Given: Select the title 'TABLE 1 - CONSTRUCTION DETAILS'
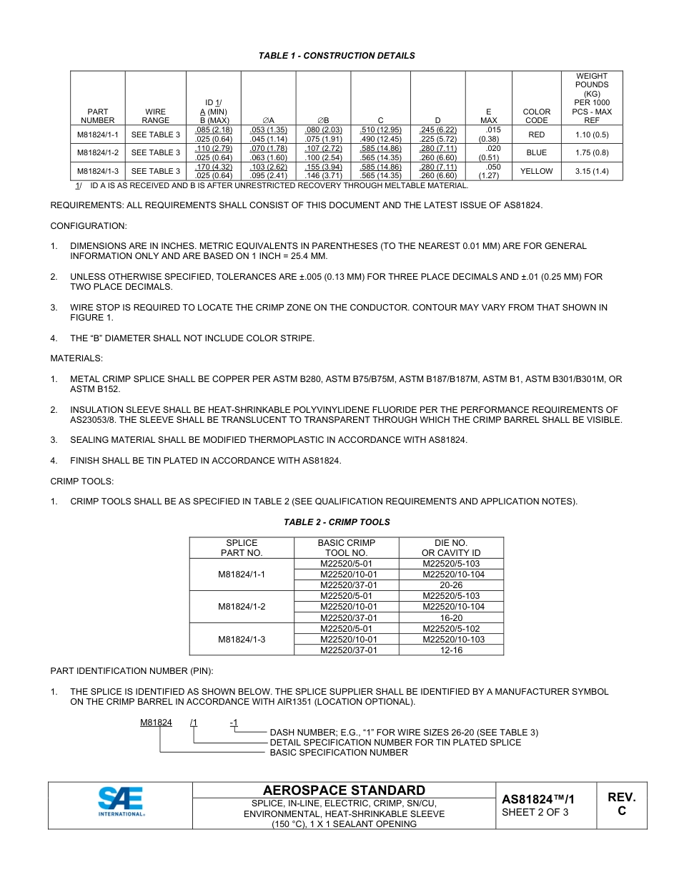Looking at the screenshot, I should coord(337,56).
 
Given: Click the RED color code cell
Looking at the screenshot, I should coord(536,135).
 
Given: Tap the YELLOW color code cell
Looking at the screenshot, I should coord(536,171).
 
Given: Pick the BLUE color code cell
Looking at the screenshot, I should coord(536,152).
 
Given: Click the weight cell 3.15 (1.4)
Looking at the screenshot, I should coord(592,171).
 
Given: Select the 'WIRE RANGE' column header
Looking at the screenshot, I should coord(155,116).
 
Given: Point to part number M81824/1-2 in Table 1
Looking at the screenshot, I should coord(98,152).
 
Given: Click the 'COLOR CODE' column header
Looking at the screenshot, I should coord(536,116).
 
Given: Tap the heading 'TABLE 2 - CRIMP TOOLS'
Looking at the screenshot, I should coord(337,522).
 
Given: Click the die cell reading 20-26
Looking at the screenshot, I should coord(451,585).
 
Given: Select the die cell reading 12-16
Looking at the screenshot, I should coord(451,650).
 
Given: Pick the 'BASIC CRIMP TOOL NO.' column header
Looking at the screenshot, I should coord(347,548).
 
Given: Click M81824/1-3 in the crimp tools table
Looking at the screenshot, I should coord(242,639).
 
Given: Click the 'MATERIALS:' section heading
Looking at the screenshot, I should coord(76,358).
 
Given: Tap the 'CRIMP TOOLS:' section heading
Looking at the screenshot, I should coord(82,481).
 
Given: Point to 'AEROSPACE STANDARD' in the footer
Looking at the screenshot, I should coord(344,791).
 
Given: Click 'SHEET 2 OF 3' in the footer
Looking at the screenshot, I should coord(535,812).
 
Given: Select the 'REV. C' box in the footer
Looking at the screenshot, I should coord(621,804).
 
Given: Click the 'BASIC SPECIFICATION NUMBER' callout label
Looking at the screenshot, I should coord(339,753).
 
